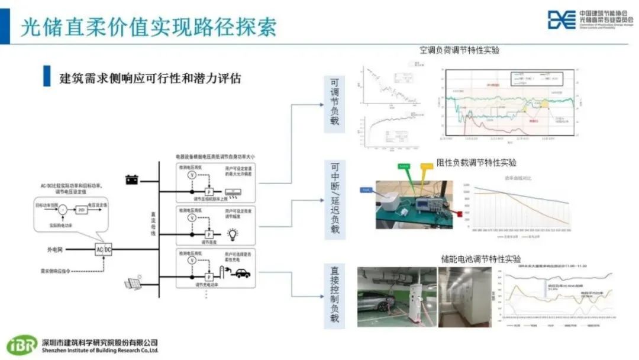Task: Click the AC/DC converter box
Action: (104, 250)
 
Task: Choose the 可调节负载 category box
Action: (335, 103)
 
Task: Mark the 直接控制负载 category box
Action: (335, 294)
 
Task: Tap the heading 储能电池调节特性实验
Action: (480, 259)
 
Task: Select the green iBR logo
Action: (22, 345)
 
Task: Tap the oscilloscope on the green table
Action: (429, 202)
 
